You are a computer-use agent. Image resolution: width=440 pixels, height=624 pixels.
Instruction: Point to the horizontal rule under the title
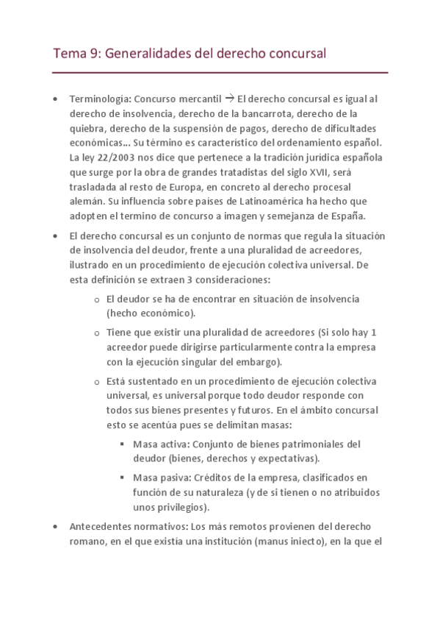coord(220,73)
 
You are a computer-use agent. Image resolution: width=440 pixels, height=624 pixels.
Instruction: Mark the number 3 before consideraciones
coord(188,280)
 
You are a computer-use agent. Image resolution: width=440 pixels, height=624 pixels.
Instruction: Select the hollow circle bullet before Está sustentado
coord(98,382)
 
